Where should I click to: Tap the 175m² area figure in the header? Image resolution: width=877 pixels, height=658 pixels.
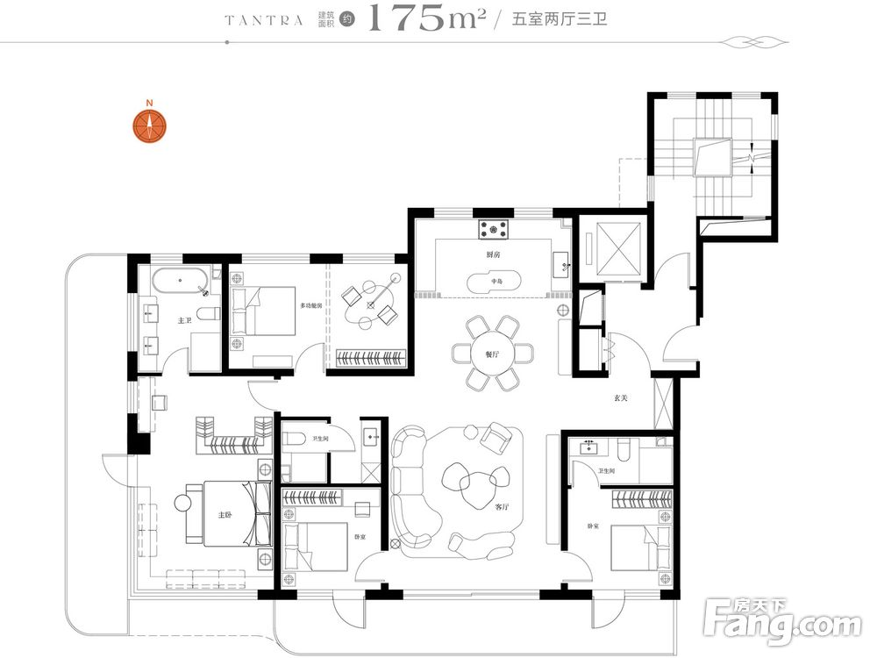(426, 18)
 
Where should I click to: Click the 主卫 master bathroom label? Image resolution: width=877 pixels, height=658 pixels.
(184, 320)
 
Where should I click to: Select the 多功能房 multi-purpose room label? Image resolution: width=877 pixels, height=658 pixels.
(311, 305)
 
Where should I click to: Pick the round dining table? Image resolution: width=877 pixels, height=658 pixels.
(493, 352)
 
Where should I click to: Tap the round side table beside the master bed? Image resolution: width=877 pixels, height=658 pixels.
(183, 502)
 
